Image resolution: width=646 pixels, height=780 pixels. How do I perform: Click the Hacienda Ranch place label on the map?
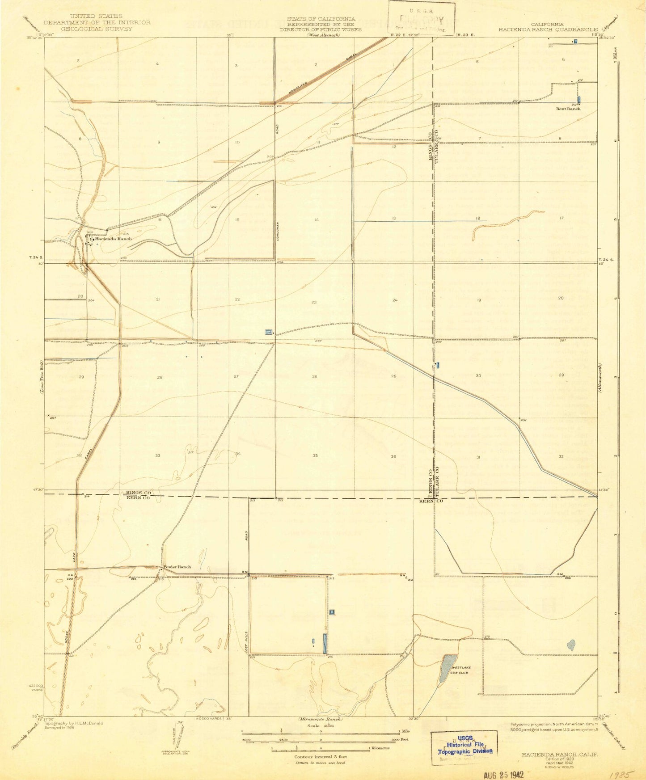tap(113, 239)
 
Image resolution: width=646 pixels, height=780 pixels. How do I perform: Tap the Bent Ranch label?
tap(568, 109)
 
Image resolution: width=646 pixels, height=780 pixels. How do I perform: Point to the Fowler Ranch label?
tap(177, 567)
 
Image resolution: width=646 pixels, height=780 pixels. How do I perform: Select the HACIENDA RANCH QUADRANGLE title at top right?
tap(547, 30)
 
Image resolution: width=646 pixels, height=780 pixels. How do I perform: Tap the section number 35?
tap(315, 455)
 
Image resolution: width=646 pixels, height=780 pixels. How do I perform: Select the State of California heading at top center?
tap(321, 19)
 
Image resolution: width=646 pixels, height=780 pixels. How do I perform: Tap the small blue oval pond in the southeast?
tap(570, 645)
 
